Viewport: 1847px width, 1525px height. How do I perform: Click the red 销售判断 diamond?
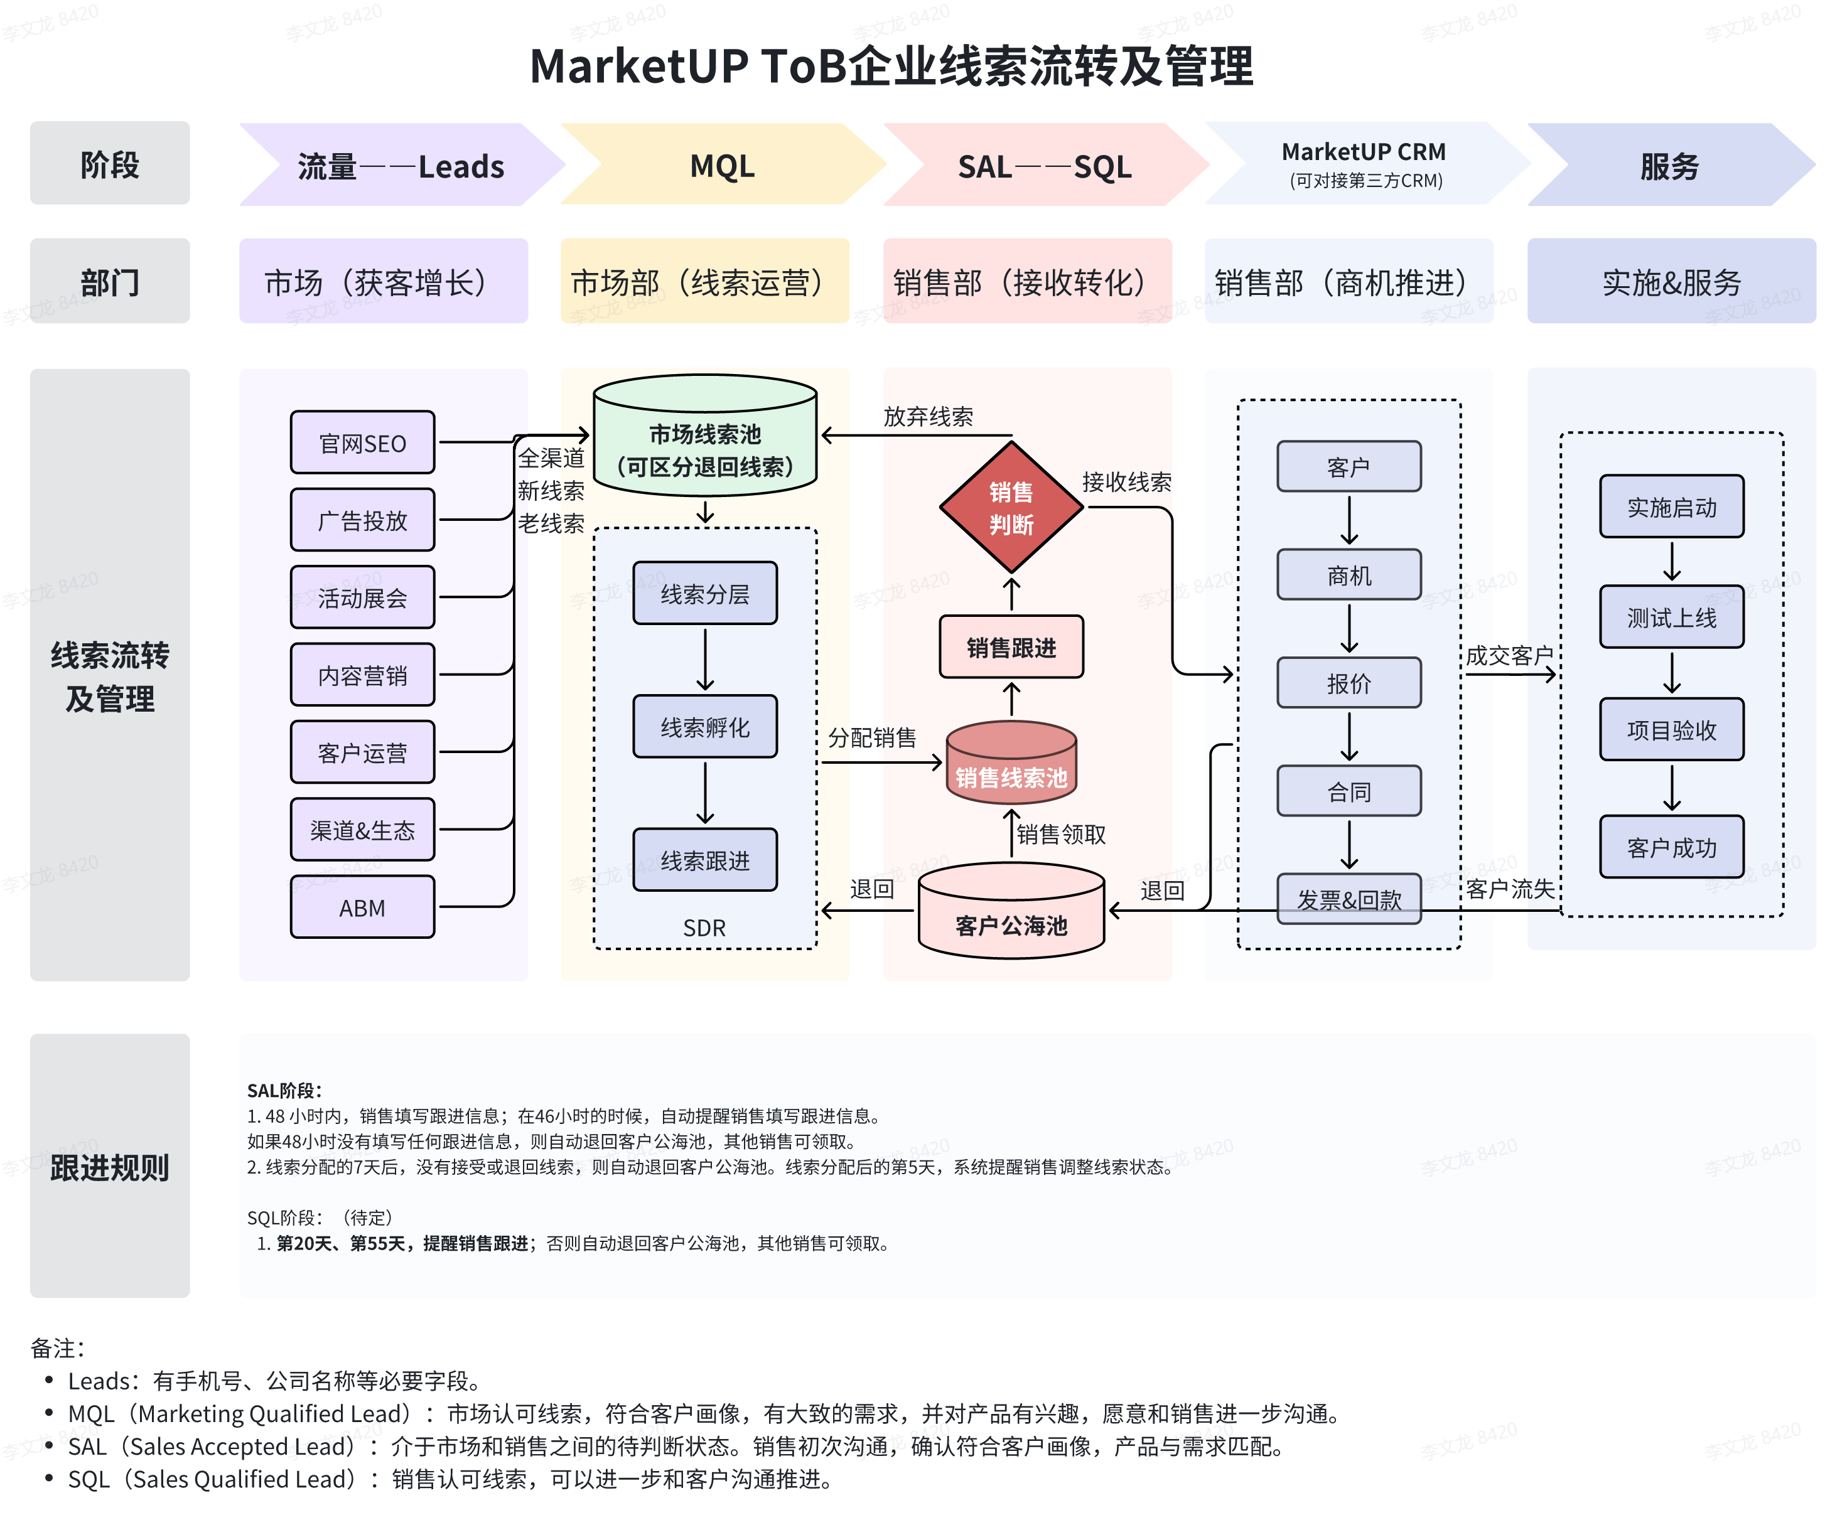point(1011,508)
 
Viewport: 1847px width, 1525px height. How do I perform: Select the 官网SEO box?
point(362,442)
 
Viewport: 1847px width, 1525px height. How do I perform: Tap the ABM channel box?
point(362,907)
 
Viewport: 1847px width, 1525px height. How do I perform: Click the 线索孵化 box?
point(704,727)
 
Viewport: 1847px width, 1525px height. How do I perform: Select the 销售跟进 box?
point(1011,648)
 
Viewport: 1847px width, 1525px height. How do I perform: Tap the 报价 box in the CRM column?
point(1348,683)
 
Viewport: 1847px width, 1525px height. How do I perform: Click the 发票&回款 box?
point(1348,899)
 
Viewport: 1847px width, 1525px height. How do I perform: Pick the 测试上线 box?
point(1671,618)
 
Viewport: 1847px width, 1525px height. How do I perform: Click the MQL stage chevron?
point(722,165)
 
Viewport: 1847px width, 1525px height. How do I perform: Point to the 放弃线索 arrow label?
point(928,416)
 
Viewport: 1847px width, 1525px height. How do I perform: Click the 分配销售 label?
point(871,737)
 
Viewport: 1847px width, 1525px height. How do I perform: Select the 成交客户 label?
point(1509,655)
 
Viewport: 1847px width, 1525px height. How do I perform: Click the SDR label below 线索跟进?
point(704,928)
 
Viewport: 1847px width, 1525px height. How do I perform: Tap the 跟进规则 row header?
point(110,1167)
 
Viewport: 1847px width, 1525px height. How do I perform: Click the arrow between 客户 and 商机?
point(1349,520)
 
